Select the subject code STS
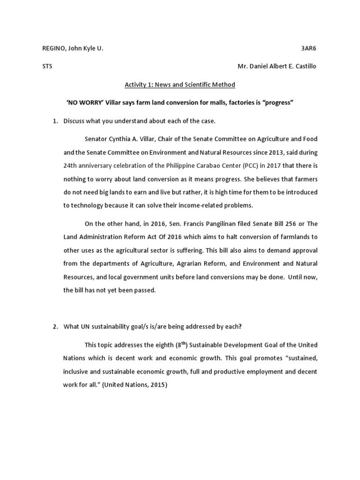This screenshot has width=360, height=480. pyautogui.click(x=47, y=66)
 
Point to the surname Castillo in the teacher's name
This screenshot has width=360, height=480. pyautogui.click(x=305, y=66)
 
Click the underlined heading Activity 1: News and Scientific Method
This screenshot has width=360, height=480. pyautogui.click(x=180, y=84)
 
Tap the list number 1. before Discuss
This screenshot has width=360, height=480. pyautogui.click(x=55, y=121)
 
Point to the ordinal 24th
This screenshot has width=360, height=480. pyautogui.click(x=72, y=165)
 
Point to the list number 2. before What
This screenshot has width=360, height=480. pyautogui.click(x=55, y=327)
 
